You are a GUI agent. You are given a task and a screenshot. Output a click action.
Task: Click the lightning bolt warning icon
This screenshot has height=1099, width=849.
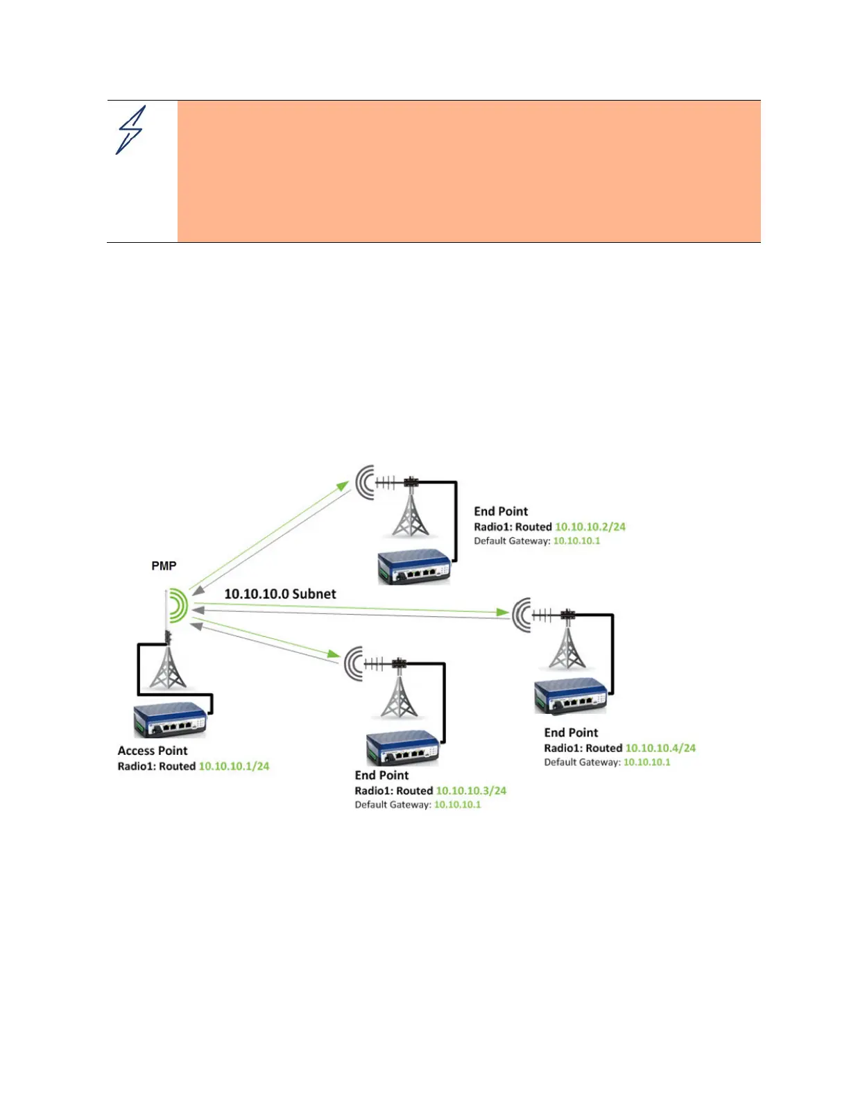(x=130, y=130)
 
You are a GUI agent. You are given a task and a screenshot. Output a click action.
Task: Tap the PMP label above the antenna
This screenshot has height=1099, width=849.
(x=164, y=566)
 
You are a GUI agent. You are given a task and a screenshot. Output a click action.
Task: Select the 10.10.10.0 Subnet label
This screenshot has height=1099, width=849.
(x=280, y=594)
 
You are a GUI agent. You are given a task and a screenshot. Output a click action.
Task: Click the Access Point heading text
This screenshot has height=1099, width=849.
(x=153, y=751)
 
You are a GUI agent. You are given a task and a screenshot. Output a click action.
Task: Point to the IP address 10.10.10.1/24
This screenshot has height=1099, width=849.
(x=234, y=767)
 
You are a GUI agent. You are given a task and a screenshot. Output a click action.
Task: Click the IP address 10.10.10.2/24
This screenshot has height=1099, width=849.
(x=590, y=527)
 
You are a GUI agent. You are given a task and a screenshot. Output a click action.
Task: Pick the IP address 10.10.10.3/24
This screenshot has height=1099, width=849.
(x=471, y=791)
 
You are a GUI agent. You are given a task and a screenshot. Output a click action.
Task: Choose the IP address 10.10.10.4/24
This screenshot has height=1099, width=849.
(x=660, y=749)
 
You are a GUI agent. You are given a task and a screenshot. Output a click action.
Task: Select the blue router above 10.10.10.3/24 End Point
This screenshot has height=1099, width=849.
(x=402, y=748)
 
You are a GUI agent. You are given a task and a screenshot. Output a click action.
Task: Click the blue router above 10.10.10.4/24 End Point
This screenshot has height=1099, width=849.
(x=570, y=696)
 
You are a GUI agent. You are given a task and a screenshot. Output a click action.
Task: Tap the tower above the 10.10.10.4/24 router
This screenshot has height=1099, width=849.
(x=567, y=645)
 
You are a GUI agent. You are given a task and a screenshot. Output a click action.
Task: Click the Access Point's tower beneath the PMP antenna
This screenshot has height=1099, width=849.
(x=168, y=667)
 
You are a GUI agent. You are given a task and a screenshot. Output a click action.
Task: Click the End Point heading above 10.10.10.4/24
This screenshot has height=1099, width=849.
(x=571, y=733)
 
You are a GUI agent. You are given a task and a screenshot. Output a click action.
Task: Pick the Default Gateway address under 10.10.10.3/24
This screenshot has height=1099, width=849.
(x=457, y=805)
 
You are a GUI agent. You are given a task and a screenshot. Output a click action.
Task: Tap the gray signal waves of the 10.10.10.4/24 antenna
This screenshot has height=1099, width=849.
(x=521, y=614)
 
